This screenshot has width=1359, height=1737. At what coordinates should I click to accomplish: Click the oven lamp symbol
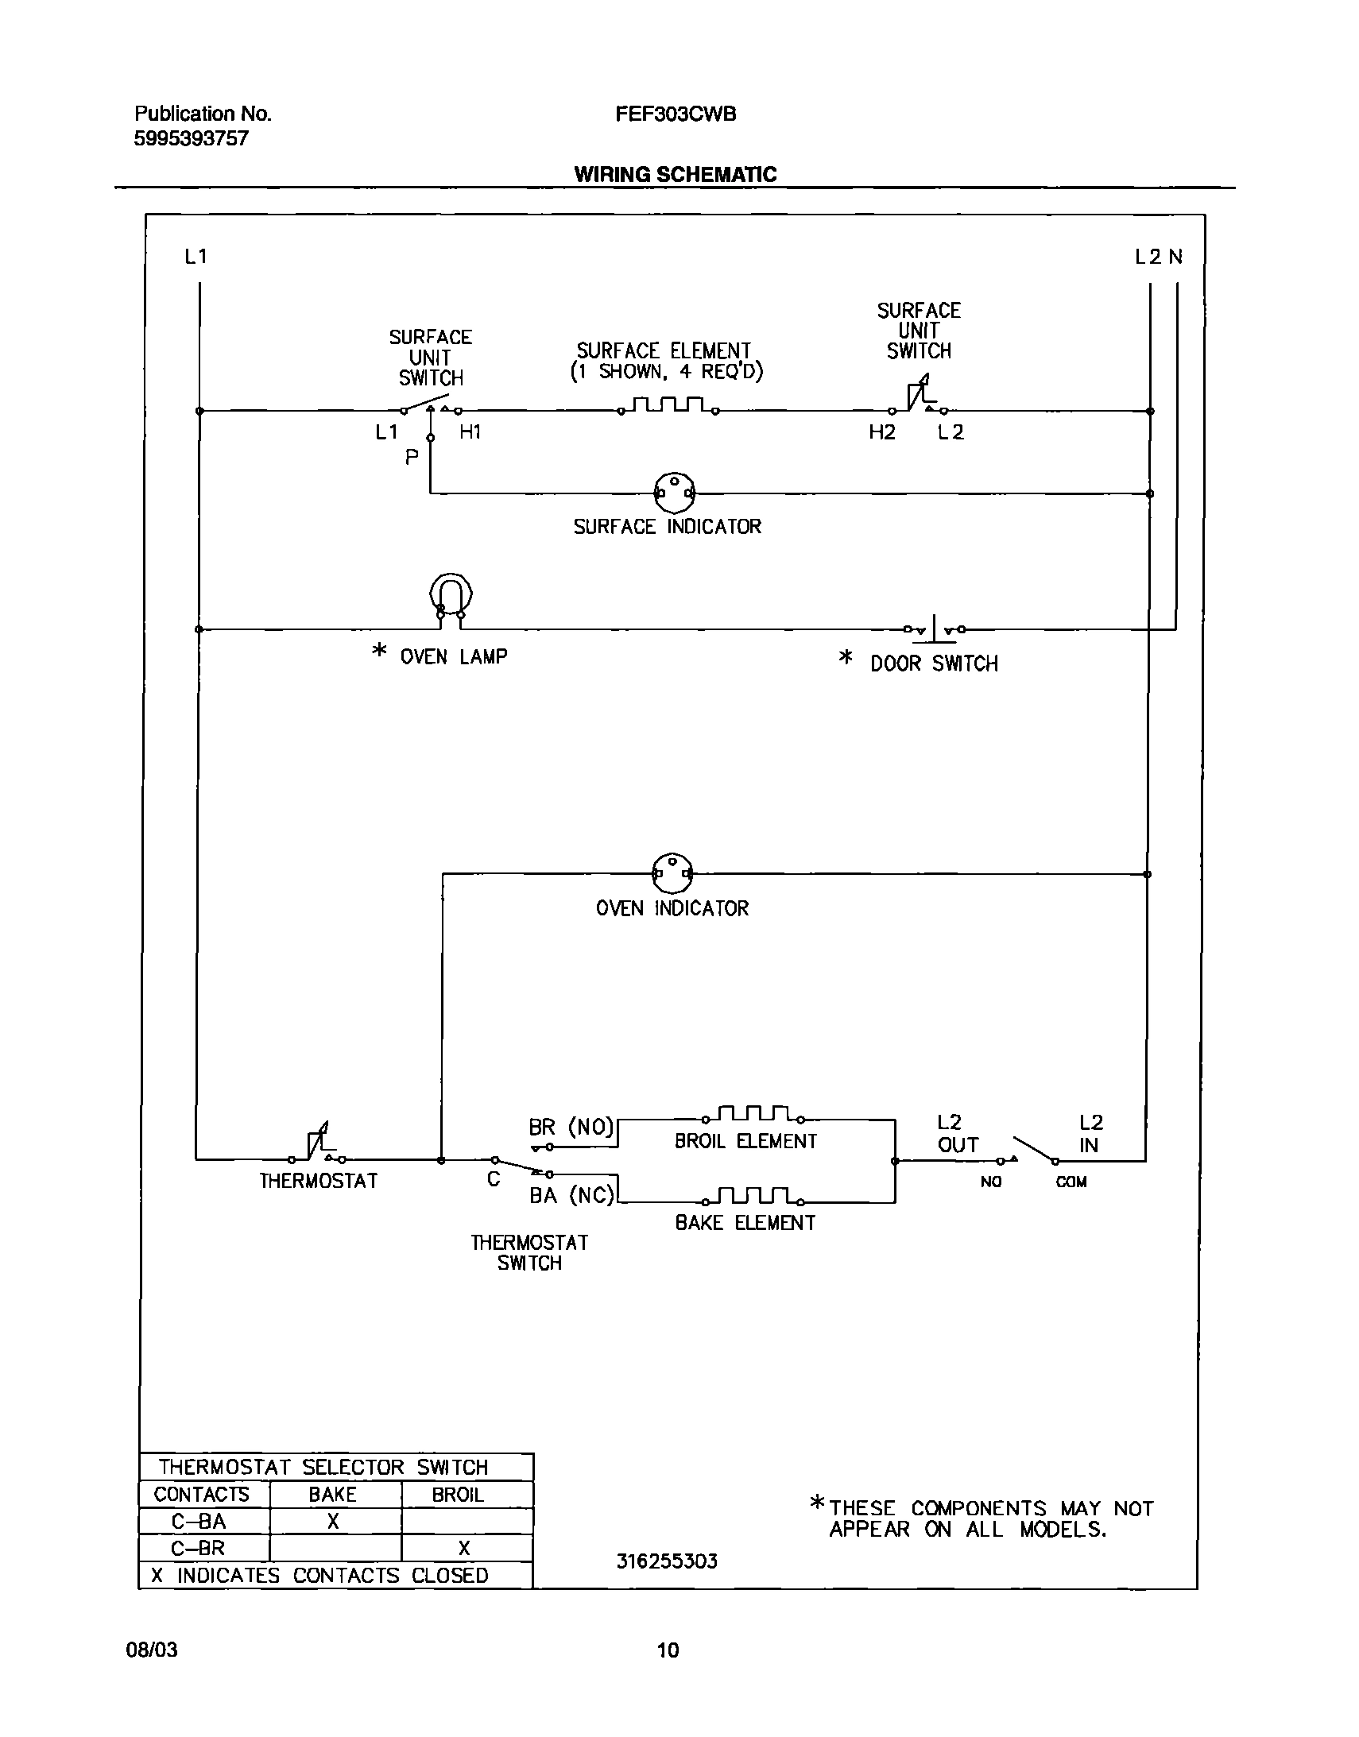(x=451, y=596)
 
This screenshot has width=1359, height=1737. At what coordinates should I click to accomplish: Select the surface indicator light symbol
(x=674, y=493)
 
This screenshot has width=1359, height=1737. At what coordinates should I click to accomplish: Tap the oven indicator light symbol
(x=672, y=873)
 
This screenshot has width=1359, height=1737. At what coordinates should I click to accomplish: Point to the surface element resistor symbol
(x=668, y=405)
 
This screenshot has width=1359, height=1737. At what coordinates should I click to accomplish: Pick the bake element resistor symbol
(x=753, y=1196)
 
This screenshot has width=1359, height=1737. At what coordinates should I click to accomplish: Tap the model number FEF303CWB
(x=676, y=114)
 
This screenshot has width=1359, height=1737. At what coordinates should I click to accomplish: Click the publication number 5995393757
(x=191, y=138)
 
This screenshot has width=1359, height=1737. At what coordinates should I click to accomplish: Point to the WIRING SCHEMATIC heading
(x=675, y=174)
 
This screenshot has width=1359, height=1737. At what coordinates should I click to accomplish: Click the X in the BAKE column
(x=333, y=1521)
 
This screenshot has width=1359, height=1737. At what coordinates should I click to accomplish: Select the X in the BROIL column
(x=464, y=1548)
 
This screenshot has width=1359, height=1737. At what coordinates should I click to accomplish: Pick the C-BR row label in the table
(x=198, y=1548)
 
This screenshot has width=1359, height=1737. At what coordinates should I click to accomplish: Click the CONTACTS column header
(x=201, y=1495)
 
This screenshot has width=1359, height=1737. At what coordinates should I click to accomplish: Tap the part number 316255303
(x=667, y=1561)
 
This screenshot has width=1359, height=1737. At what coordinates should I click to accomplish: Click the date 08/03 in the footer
(x=152, y=1650)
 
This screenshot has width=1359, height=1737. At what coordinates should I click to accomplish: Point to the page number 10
(x=668, y=1650)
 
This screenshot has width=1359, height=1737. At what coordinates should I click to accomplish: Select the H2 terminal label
(x=881, y=431)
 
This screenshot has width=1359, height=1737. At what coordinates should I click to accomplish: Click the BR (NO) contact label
(x=571, y=1127)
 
